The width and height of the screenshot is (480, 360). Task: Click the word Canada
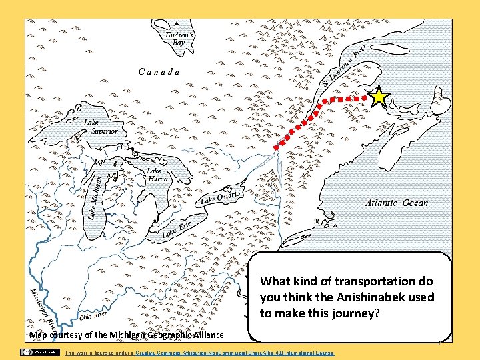tap(159, 71)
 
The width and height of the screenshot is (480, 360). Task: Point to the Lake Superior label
tap(101, 127)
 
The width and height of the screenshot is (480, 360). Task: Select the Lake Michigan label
tap(95, 195)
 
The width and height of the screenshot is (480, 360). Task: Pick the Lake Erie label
tap(177, 228)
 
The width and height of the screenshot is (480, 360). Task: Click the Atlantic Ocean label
tap(397, 203)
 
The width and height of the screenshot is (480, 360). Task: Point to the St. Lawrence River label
tap(344, 66)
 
